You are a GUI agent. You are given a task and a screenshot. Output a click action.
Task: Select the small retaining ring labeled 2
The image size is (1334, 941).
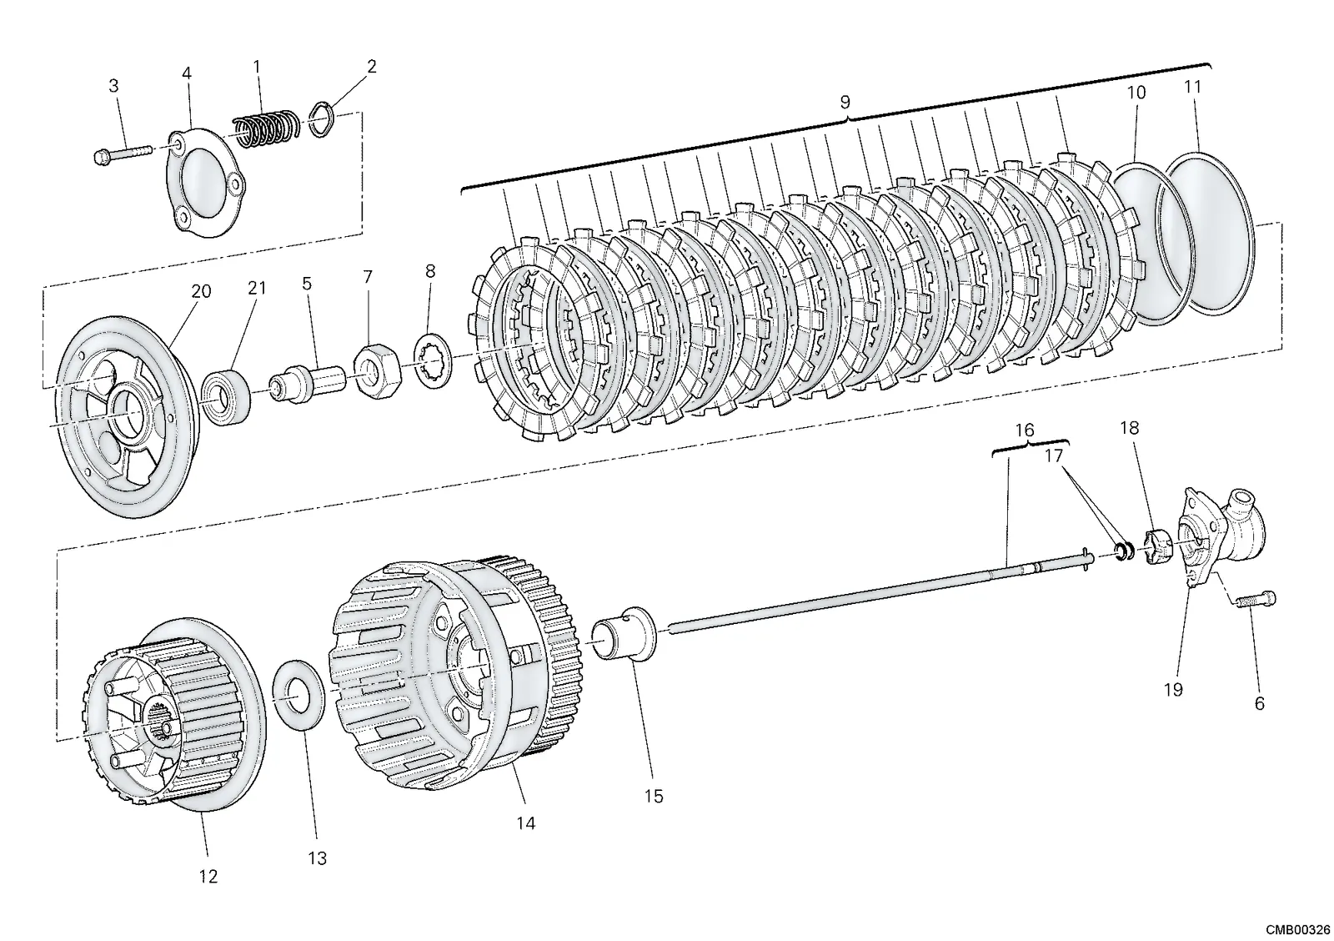tap(323, 120)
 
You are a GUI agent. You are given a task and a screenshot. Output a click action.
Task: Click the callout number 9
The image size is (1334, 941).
tap(845, 102)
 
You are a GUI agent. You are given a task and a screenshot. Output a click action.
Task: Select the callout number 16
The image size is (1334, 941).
tap(1025, 430)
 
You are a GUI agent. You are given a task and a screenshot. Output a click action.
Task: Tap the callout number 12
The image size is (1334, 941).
tap(208, 876)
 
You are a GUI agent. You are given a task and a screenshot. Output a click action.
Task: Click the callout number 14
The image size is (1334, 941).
tap(526, 823)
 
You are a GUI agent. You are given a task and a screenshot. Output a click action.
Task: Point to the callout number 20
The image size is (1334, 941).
tap(201, 291)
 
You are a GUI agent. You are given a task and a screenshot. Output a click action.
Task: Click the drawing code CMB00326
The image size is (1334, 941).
tap(1297, 929)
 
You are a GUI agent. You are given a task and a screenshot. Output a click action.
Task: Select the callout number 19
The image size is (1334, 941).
tap(1173, 690)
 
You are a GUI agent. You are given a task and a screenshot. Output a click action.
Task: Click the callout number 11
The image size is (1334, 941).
tap(1193, 87)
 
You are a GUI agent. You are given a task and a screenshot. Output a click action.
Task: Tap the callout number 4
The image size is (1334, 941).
tap(187, 73)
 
